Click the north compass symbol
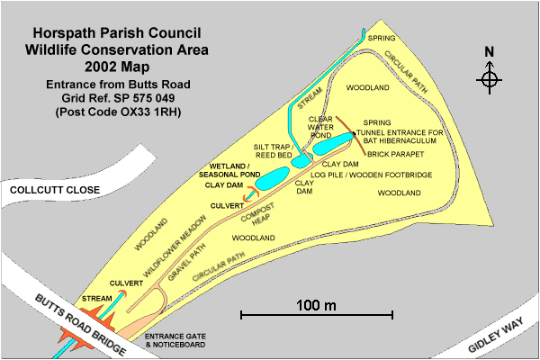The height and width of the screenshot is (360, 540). (x=490, y=79)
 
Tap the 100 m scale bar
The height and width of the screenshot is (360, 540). (x=316, y=314)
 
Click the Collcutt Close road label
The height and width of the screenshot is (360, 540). (x=51, y=190)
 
